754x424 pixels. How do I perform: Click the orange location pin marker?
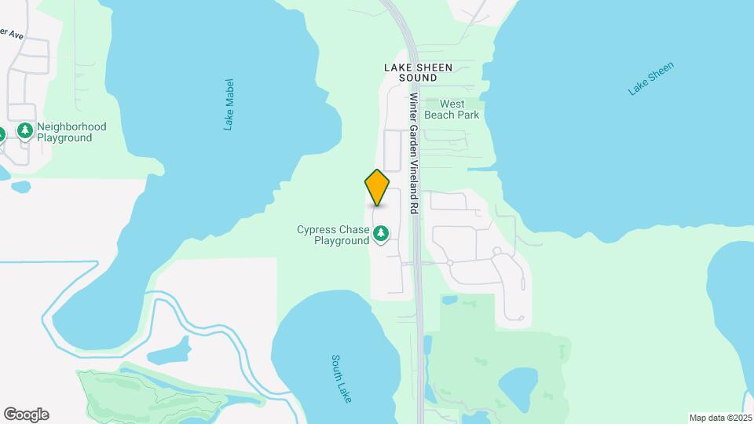coord(377,188)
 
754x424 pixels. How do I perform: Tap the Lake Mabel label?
coord(229,104)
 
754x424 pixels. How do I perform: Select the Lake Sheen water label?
coord(651,79)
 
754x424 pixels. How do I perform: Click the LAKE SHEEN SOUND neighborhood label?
coord(418,73)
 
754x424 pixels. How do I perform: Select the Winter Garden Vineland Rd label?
coord(414,154)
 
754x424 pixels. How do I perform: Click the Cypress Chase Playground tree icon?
coord(381,232)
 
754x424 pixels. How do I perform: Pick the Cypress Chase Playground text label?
coord(332,236)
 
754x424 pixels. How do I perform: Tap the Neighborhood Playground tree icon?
coord(25,130)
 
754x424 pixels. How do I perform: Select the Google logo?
coord(26,415)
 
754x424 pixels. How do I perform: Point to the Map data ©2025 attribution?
coord(720,418)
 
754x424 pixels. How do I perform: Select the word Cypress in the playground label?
coord(317,230)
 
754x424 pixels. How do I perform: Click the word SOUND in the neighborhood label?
coord(418,79)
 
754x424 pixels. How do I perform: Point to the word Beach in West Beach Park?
coord(441,115)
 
